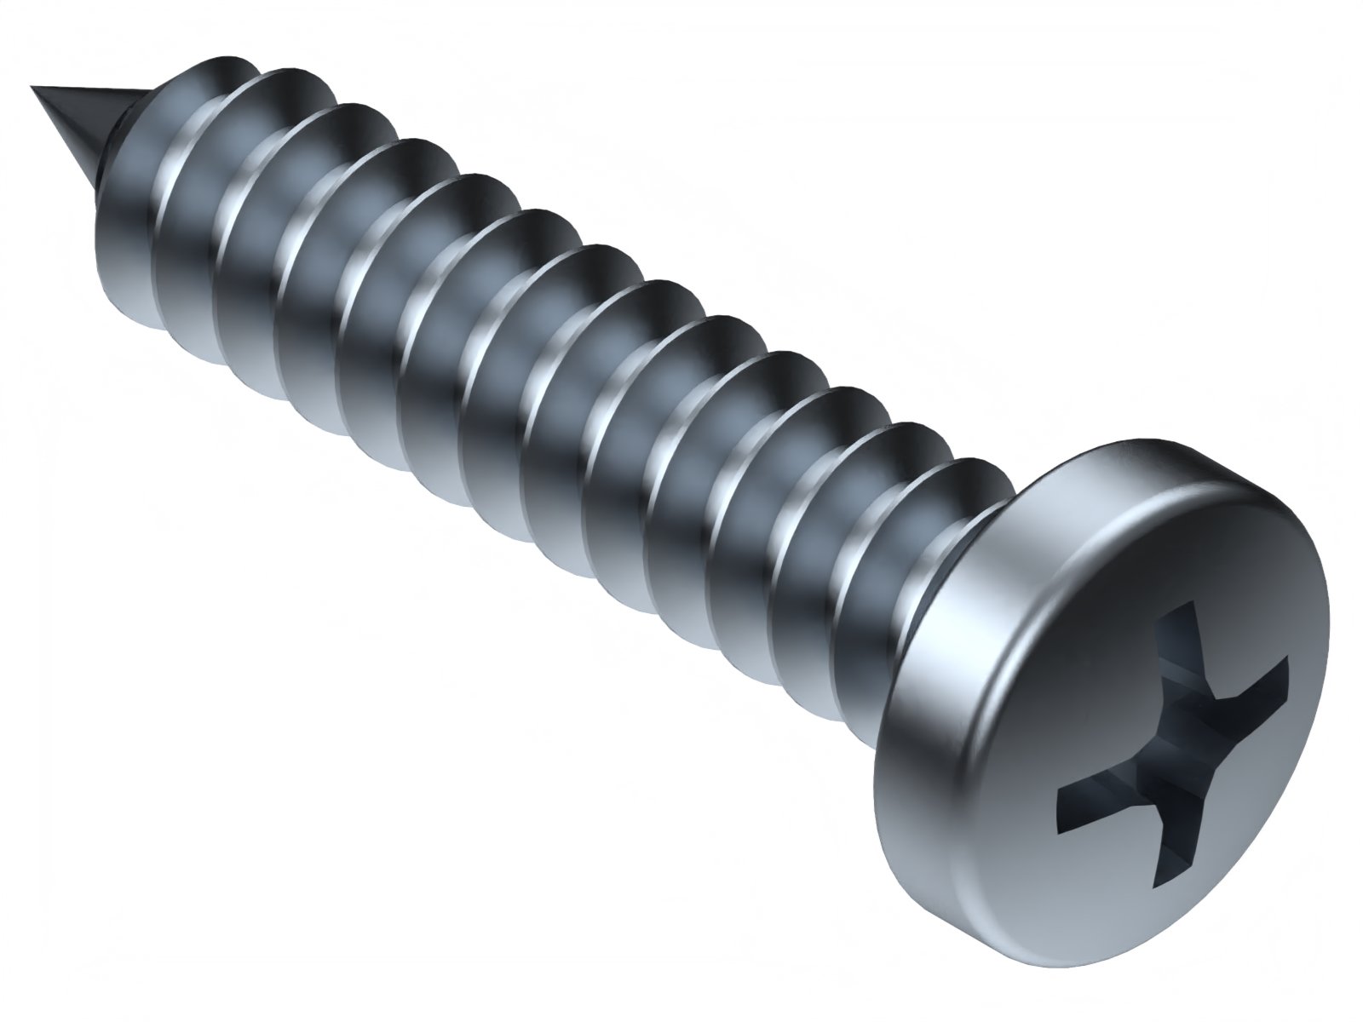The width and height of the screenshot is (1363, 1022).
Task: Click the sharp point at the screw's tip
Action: pyautogui.click(x=34, y=88)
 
